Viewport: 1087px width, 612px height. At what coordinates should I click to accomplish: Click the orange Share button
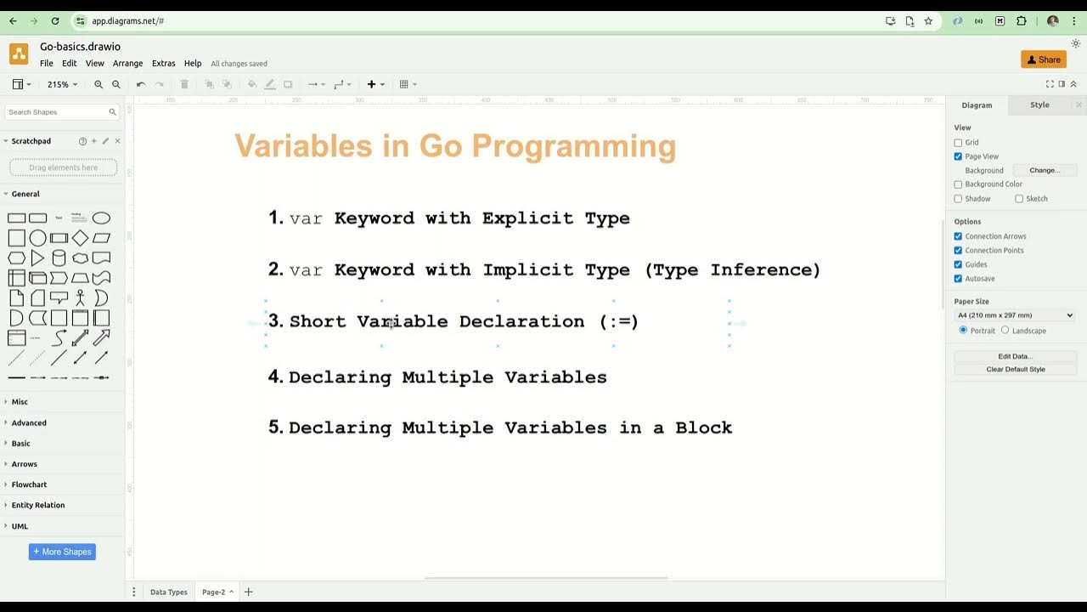1043,59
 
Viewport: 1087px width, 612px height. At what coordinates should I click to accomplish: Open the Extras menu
163,64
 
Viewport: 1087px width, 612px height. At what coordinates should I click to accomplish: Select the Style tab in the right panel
1039,105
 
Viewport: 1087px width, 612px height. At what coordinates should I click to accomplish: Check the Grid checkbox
959,143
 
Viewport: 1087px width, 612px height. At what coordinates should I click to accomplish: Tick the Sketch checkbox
1019,199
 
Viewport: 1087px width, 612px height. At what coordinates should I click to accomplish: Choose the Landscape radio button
1005,330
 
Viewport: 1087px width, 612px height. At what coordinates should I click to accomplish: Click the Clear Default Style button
1015,370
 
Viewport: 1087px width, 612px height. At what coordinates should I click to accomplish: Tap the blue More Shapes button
62,552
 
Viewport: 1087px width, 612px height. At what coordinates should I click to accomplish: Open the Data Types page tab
168,592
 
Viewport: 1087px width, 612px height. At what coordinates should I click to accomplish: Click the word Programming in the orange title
573,146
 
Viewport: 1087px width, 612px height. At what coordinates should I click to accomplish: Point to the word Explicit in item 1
527,218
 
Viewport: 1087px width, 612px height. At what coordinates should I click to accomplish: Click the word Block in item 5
703,428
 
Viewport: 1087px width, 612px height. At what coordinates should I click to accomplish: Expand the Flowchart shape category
29,484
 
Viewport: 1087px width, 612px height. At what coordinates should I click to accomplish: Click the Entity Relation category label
37,505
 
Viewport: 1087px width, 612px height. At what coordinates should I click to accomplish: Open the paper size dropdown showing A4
1015,315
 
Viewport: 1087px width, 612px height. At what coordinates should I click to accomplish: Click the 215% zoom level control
62,84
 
